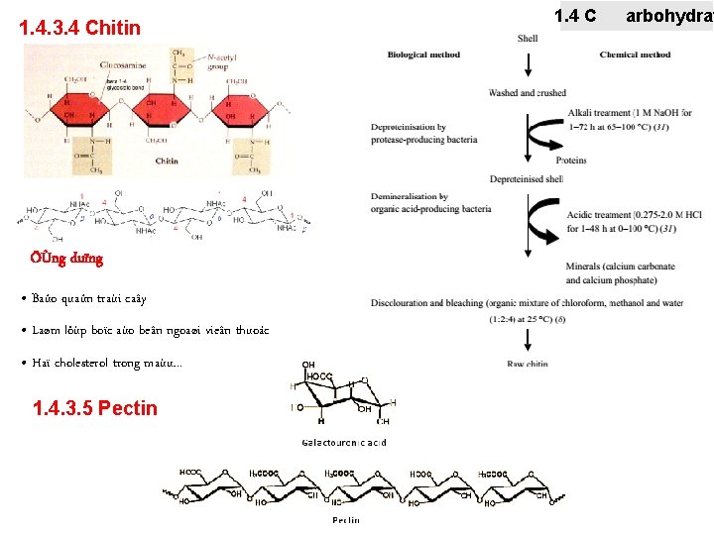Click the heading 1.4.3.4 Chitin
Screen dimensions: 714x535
click(x=80, y=28)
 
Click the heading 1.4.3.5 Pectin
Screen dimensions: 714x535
click(x=94, y=407)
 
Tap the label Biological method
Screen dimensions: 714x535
click(x=423, y=54)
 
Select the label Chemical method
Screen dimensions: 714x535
click(x=635, y=54)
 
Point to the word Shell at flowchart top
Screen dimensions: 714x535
click(x=528, y=38)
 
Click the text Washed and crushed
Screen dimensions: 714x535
click(x=527, y=93)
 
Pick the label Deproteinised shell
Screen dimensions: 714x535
click(x=527, y=179)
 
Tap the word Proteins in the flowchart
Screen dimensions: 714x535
click(x=571, y=160)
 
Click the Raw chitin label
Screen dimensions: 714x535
click(x=528, y=365)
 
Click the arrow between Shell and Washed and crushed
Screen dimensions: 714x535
click(x=528, y=63)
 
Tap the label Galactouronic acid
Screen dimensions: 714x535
click(x=344, y=442)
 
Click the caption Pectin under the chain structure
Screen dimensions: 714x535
click(x=345, y=519)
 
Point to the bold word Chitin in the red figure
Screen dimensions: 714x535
click(x=166, y=160)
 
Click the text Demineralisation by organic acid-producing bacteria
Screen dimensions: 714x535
click(x=431, y=203)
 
